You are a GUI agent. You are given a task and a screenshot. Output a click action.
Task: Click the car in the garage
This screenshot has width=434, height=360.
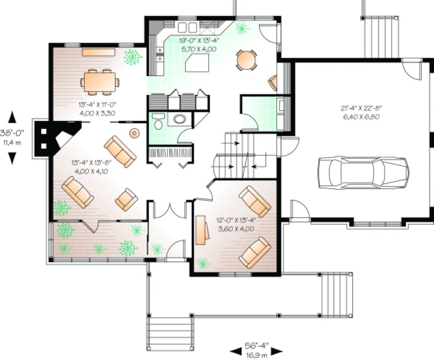coord(362,172)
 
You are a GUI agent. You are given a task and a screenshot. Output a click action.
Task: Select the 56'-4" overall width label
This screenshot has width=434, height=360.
coord(257,349)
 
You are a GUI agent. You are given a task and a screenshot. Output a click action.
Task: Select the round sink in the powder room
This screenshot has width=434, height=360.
coord(178,119)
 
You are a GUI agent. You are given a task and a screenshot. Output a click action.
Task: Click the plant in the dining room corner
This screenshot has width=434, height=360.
coord(132,56)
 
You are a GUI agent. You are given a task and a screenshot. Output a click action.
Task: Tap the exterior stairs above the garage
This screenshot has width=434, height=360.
coord(374,33)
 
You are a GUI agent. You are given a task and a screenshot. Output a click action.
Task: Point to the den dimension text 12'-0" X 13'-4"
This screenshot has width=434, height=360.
coord(236,224)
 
